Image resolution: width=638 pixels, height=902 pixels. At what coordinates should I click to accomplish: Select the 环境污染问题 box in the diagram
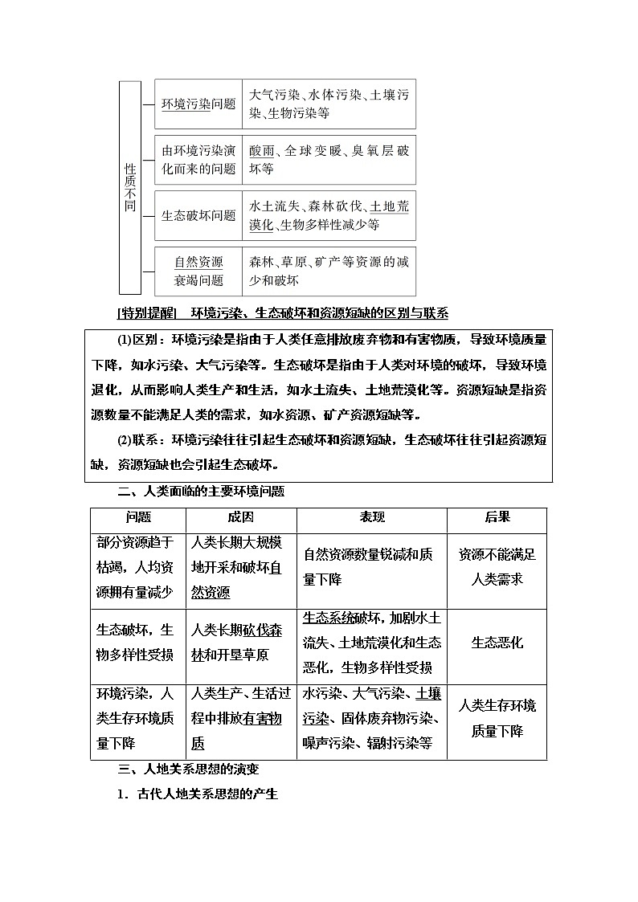coord(198,104)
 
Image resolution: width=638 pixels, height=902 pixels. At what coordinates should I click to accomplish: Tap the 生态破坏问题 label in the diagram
coord(198,215)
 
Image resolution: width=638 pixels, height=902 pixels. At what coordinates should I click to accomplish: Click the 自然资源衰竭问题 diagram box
coord(198,271)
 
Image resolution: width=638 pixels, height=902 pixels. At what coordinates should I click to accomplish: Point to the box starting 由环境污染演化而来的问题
coord(198,160)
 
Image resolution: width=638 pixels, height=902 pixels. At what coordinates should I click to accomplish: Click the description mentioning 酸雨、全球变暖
coord(329,160)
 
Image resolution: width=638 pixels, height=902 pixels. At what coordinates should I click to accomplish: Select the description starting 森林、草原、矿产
coord(329,271)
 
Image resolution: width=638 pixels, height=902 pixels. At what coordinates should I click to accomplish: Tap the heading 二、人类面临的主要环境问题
coord(201,491)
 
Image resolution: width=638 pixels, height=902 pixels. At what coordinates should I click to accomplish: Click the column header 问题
coord(138,518)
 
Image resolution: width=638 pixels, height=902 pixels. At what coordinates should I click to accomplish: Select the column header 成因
coord(240,518)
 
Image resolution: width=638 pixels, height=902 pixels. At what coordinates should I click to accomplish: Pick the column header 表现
coord(371,518)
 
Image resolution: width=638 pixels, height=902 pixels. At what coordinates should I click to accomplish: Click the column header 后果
coord(497,518)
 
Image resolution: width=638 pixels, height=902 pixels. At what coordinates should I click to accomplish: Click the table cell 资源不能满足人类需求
coord(497,566)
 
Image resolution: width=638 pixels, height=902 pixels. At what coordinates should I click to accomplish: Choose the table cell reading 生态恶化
coord(497,643)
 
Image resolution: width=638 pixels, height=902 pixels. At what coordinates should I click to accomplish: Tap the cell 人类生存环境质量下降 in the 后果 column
coord(497,718)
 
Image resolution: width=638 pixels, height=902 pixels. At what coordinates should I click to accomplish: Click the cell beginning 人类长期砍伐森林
coord(240,643)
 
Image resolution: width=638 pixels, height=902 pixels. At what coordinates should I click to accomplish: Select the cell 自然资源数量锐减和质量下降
coord(371,566)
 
